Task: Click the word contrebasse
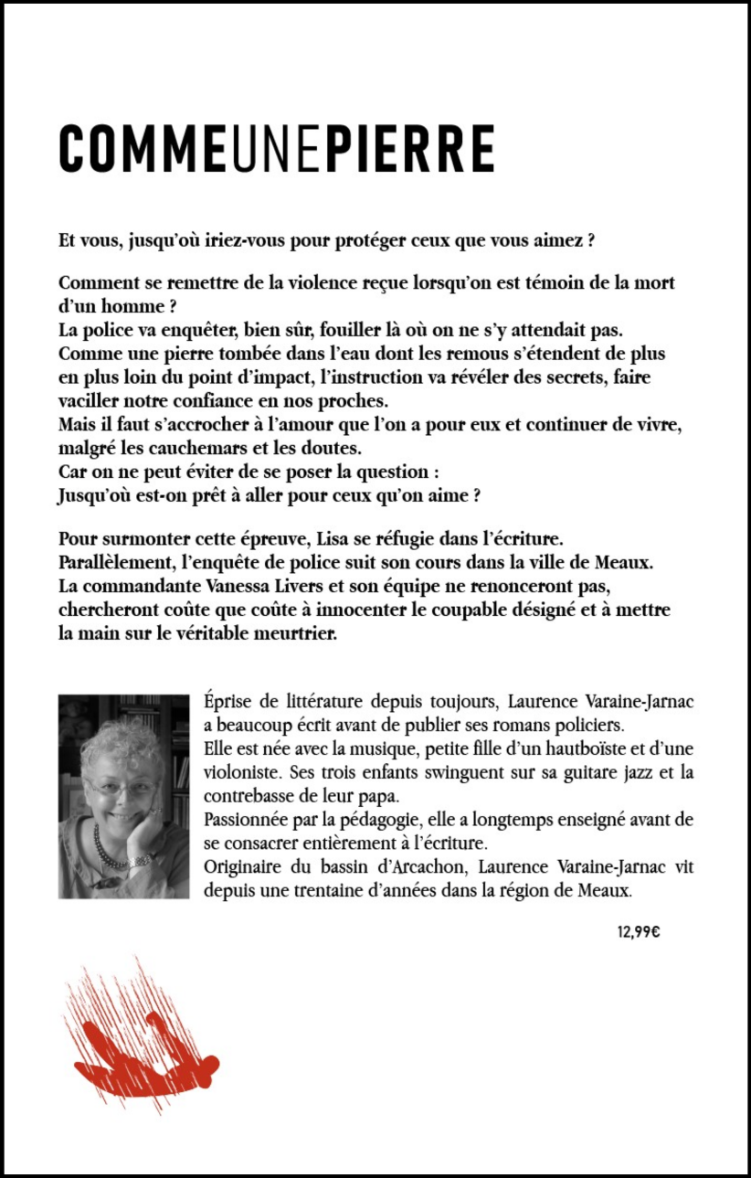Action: click(249, 796)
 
